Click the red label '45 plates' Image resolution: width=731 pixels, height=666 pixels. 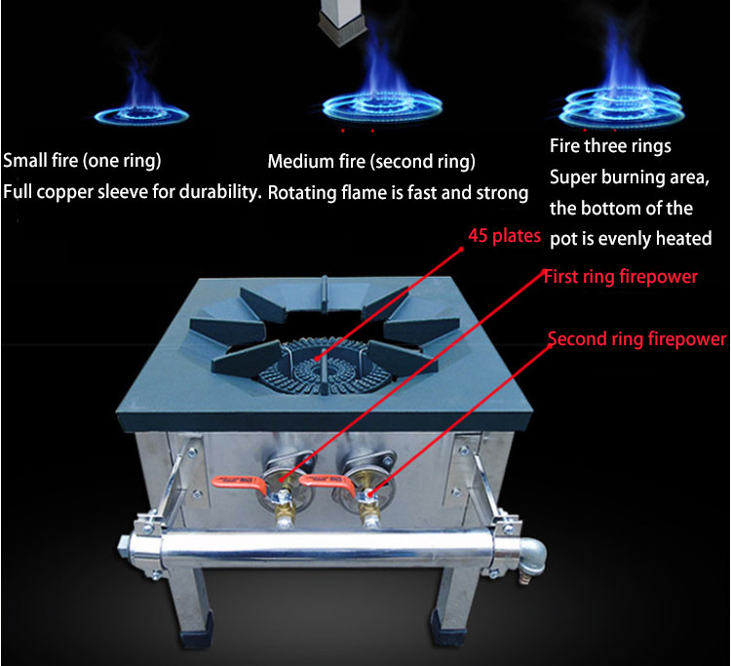click(505, 237)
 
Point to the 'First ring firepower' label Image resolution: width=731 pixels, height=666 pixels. click(620, 277)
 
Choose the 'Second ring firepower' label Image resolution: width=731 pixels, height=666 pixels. click(635, 339)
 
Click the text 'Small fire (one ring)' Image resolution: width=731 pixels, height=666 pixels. click(83, 160)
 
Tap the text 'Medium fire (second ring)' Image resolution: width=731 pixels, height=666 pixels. click(371, 162)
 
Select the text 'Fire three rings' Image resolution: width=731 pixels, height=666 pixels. click(610, 147)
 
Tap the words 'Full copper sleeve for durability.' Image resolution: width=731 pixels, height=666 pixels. click(133, 192)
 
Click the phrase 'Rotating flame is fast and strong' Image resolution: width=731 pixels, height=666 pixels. click(398, 193)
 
